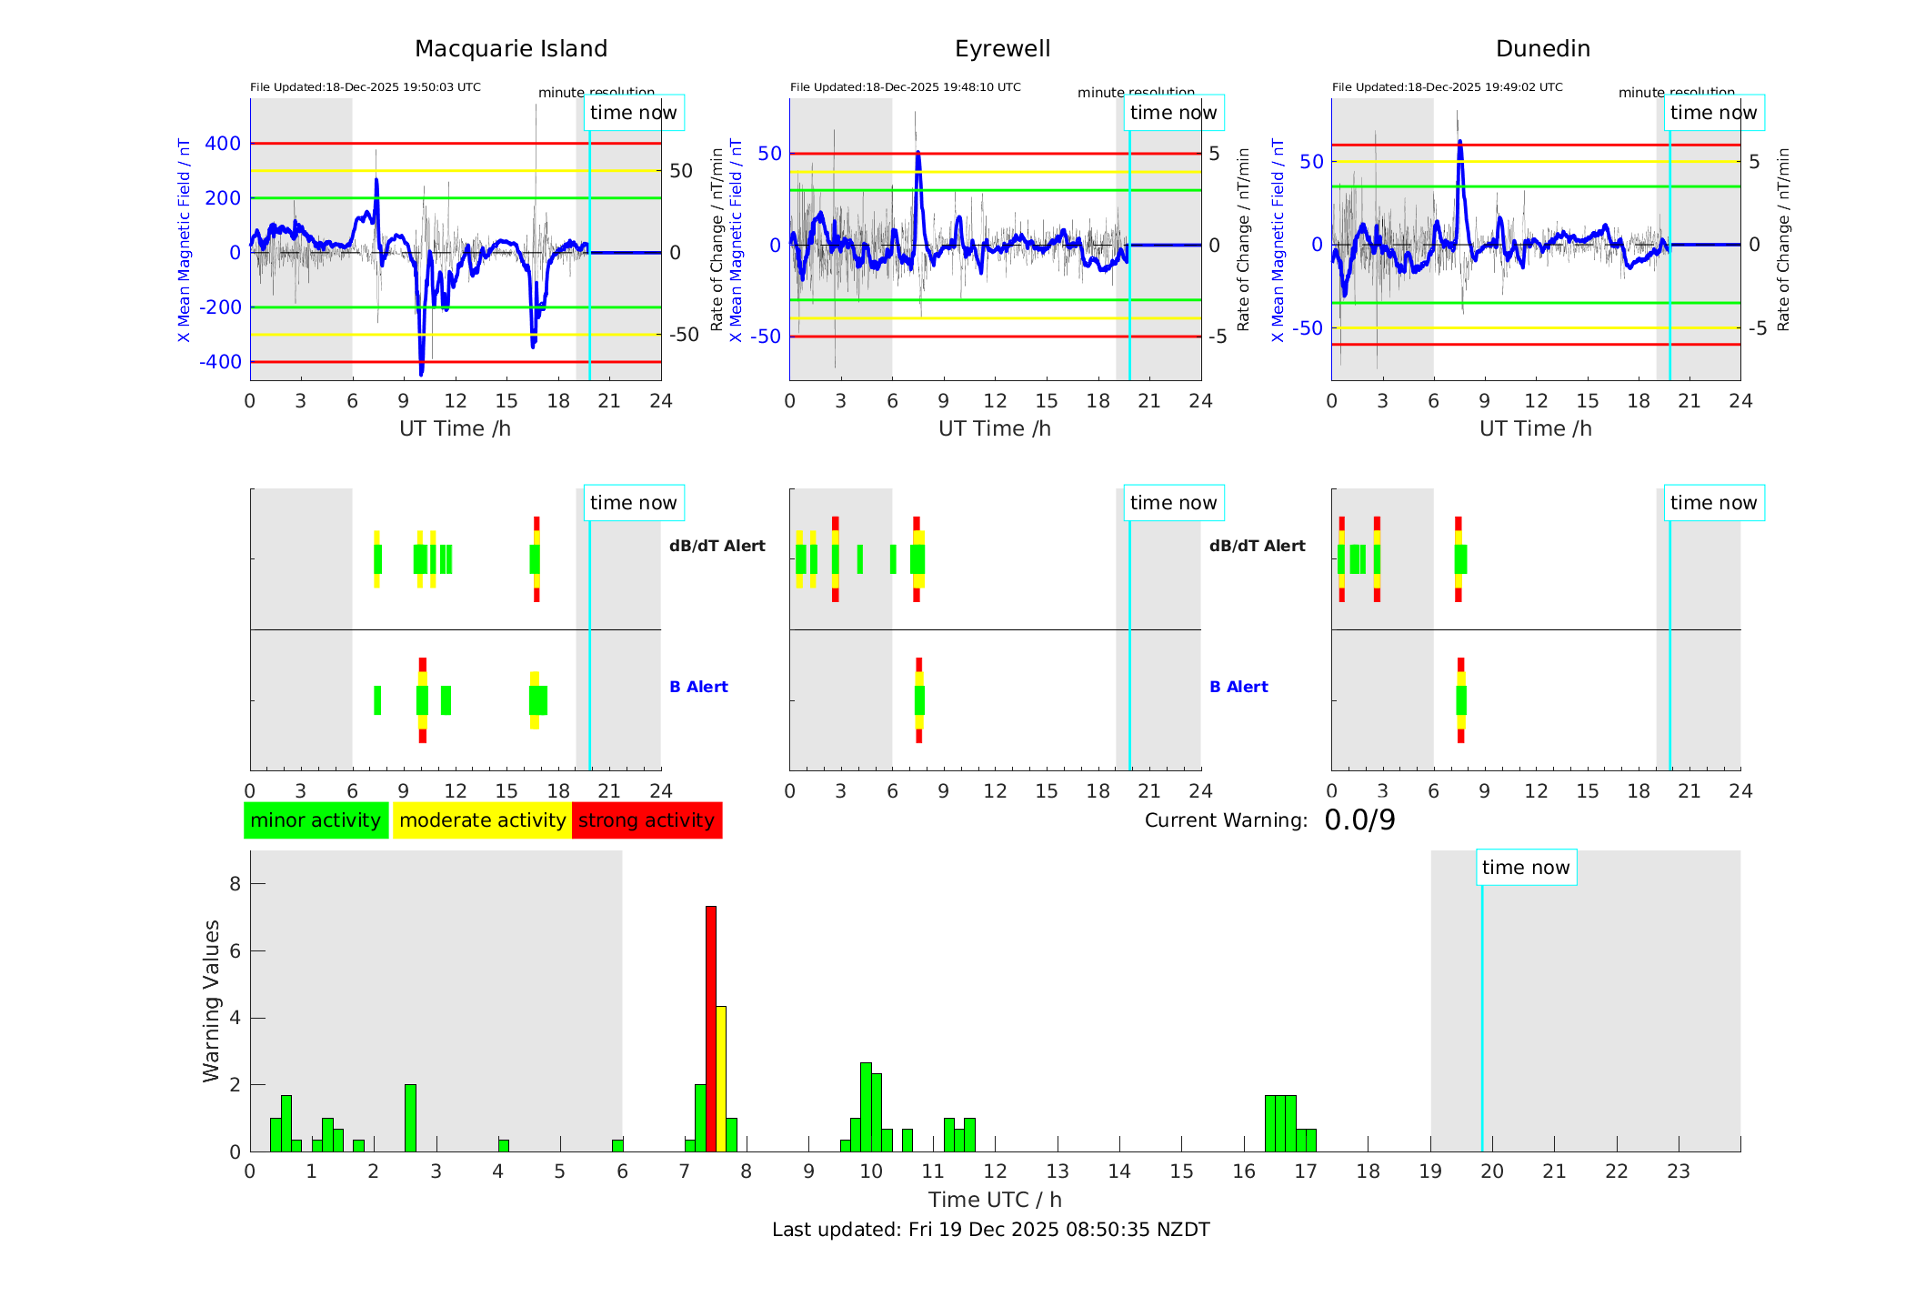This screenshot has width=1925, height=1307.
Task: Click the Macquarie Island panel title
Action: point(510,49)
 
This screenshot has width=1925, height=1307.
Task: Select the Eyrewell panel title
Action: point(1002,49)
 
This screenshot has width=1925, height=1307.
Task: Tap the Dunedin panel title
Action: point(1542,49)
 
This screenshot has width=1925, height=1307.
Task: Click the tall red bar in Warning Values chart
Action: point(711,1028)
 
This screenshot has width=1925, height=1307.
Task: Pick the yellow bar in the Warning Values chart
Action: point(721,1078)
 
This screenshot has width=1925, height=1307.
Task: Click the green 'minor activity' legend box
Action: point(316,820)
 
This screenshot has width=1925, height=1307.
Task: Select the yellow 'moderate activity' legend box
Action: point(482,820)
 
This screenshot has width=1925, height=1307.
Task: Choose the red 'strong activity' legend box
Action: point(647,820)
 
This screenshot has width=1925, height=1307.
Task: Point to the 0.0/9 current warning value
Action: point(1359,820)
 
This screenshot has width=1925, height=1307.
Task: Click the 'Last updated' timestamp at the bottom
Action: point(990,1230)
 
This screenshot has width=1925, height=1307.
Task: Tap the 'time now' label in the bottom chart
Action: point(1526,868)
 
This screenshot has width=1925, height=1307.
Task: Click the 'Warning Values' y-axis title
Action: point(212,1000)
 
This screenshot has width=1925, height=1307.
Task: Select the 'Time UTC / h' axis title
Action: point(995,1200)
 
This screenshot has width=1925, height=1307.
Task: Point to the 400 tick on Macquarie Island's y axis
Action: point(223,144)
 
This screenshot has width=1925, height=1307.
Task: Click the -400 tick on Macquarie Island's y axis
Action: point(220,362)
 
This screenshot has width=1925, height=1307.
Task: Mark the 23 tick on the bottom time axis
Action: point(1678,1171)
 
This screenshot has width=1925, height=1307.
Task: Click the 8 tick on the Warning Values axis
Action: point(236,884)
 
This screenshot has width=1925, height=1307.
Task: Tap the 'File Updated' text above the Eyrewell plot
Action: point(905,87)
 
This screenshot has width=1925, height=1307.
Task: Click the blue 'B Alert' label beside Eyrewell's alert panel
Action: point(1238,687)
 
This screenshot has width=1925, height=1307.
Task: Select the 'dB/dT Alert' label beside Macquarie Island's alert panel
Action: point(717,546)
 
